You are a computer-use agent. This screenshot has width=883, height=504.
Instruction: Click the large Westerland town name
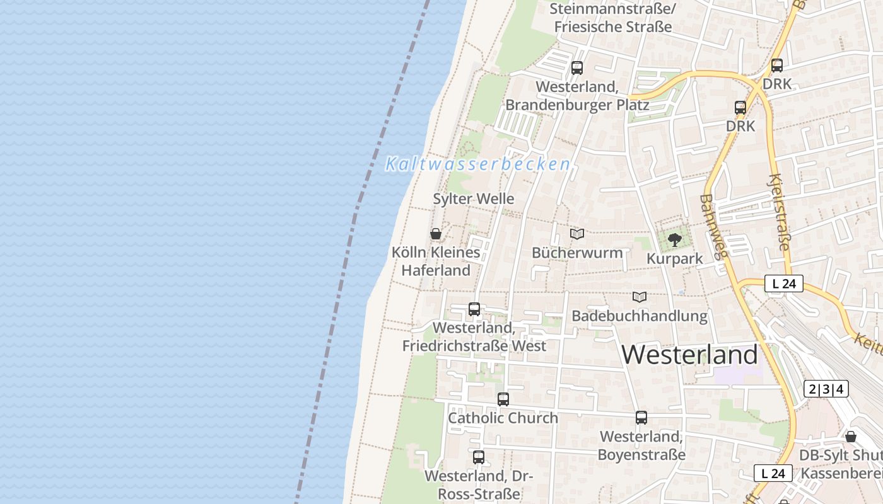coord(689,355)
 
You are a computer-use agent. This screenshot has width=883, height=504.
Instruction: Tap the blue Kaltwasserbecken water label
coord(477,164)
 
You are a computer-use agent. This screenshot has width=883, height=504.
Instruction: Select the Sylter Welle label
coord(473,199)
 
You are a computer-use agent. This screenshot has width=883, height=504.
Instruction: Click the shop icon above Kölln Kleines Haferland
coord(435,234)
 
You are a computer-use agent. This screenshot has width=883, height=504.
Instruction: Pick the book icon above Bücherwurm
coord(577,234)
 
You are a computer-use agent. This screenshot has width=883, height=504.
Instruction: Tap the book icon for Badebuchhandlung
coord(640,297)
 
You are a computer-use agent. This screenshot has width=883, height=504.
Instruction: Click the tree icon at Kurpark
coord(674,240)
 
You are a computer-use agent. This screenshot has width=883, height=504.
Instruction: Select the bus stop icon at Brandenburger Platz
coord(577,68)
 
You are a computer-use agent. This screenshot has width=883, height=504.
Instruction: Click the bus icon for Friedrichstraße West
coord(474,309)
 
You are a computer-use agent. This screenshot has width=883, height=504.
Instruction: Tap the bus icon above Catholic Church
coord(503,399)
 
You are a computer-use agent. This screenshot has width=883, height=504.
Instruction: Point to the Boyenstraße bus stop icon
coord(641,417)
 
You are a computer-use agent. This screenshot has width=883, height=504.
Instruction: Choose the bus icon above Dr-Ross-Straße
coord(479,457)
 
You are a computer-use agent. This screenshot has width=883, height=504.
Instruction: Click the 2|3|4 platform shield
coord(826,389)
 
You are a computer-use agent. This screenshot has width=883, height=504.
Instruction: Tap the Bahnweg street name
coord(713,227)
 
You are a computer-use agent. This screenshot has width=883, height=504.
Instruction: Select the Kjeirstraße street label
coord(780,212)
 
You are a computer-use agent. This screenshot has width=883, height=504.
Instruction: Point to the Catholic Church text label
coord(503,418)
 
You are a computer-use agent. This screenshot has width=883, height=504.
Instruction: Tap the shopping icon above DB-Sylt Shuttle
coord(850,437)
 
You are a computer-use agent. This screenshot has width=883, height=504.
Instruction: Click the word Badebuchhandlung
coord(640,316)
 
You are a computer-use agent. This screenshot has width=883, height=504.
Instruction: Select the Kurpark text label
coord(674,259)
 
